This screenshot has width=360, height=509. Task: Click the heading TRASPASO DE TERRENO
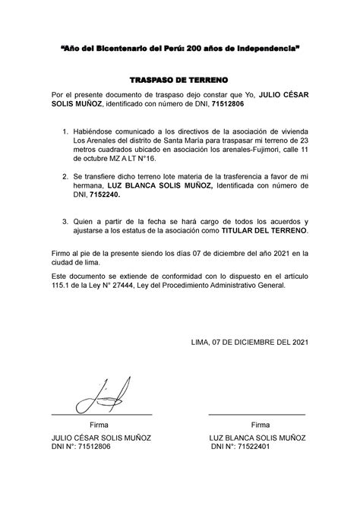(x=179, y=78)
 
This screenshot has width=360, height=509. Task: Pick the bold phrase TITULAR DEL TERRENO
(x=259, y=228)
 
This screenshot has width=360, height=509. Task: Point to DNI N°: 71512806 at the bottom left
(x=81, y=447)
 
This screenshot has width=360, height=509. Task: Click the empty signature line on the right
(x=257, y=413)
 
